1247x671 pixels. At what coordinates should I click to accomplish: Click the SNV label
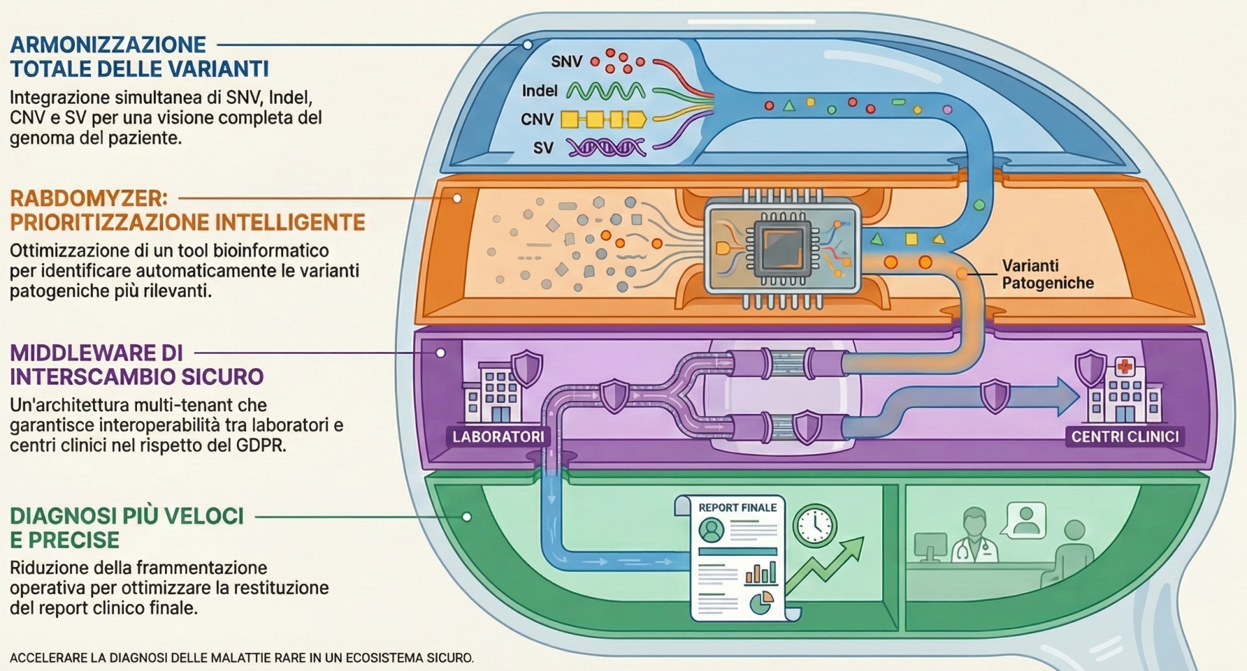(566, 62)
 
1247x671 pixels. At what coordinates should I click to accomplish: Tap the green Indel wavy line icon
(605, 91)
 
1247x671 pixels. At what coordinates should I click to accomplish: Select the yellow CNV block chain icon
(603, 120)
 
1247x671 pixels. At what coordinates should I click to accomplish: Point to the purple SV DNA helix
(606, 148)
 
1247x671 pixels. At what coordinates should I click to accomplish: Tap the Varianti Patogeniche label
(1047, 274)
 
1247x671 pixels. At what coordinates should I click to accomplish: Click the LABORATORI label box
(498, 437)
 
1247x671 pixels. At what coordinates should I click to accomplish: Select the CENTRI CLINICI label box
(1125, 437)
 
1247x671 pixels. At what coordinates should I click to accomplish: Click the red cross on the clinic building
(1124, 368)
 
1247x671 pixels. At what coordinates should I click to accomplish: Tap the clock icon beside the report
(814, 524)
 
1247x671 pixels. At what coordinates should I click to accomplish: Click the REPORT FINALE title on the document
(737, 508)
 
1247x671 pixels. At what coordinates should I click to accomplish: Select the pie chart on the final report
(761, 602)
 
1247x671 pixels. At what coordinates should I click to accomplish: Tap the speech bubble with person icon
(1026, 518)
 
